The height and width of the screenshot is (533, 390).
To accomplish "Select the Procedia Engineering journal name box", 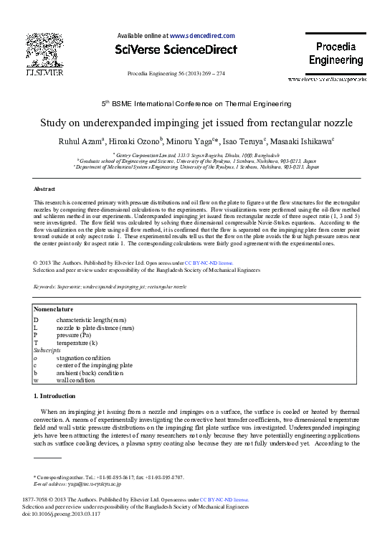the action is point(336,54).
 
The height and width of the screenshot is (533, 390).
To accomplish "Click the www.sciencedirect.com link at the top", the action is point(203,34).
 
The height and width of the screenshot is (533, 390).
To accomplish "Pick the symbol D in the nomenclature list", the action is point(36,319).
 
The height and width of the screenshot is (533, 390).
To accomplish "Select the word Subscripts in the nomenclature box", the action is point(47,350).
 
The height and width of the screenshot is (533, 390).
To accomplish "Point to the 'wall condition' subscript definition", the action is point(76,380).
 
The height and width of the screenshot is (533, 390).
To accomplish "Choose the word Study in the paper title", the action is point(66,122).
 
